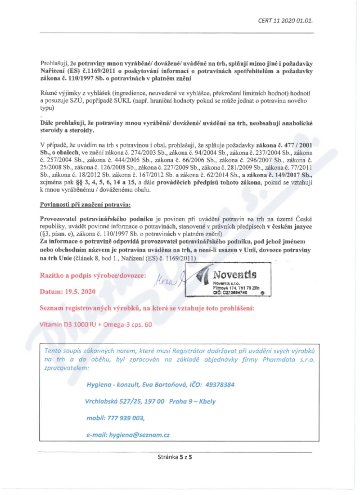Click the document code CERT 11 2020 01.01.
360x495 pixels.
tap(285, 21)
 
